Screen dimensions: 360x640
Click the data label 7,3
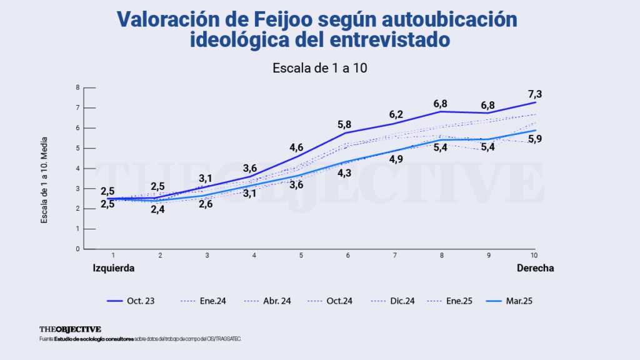(x=534, y=94)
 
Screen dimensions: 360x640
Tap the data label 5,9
(x=534, y=139)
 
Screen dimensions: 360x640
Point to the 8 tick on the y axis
(x=77, y=87)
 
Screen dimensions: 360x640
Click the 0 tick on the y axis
(x=77, y=249)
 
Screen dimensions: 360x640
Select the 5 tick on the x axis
(x=301, y=256)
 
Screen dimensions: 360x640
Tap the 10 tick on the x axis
(x=534, y=256)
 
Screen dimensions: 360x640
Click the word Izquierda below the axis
(x=114, y=267)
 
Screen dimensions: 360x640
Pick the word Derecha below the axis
(x=535, y=267)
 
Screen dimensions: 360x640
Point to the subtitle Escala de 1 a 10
(x=319, y=67)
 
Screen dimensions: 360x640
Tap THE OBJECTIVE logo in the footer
(x=69, y=329)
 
